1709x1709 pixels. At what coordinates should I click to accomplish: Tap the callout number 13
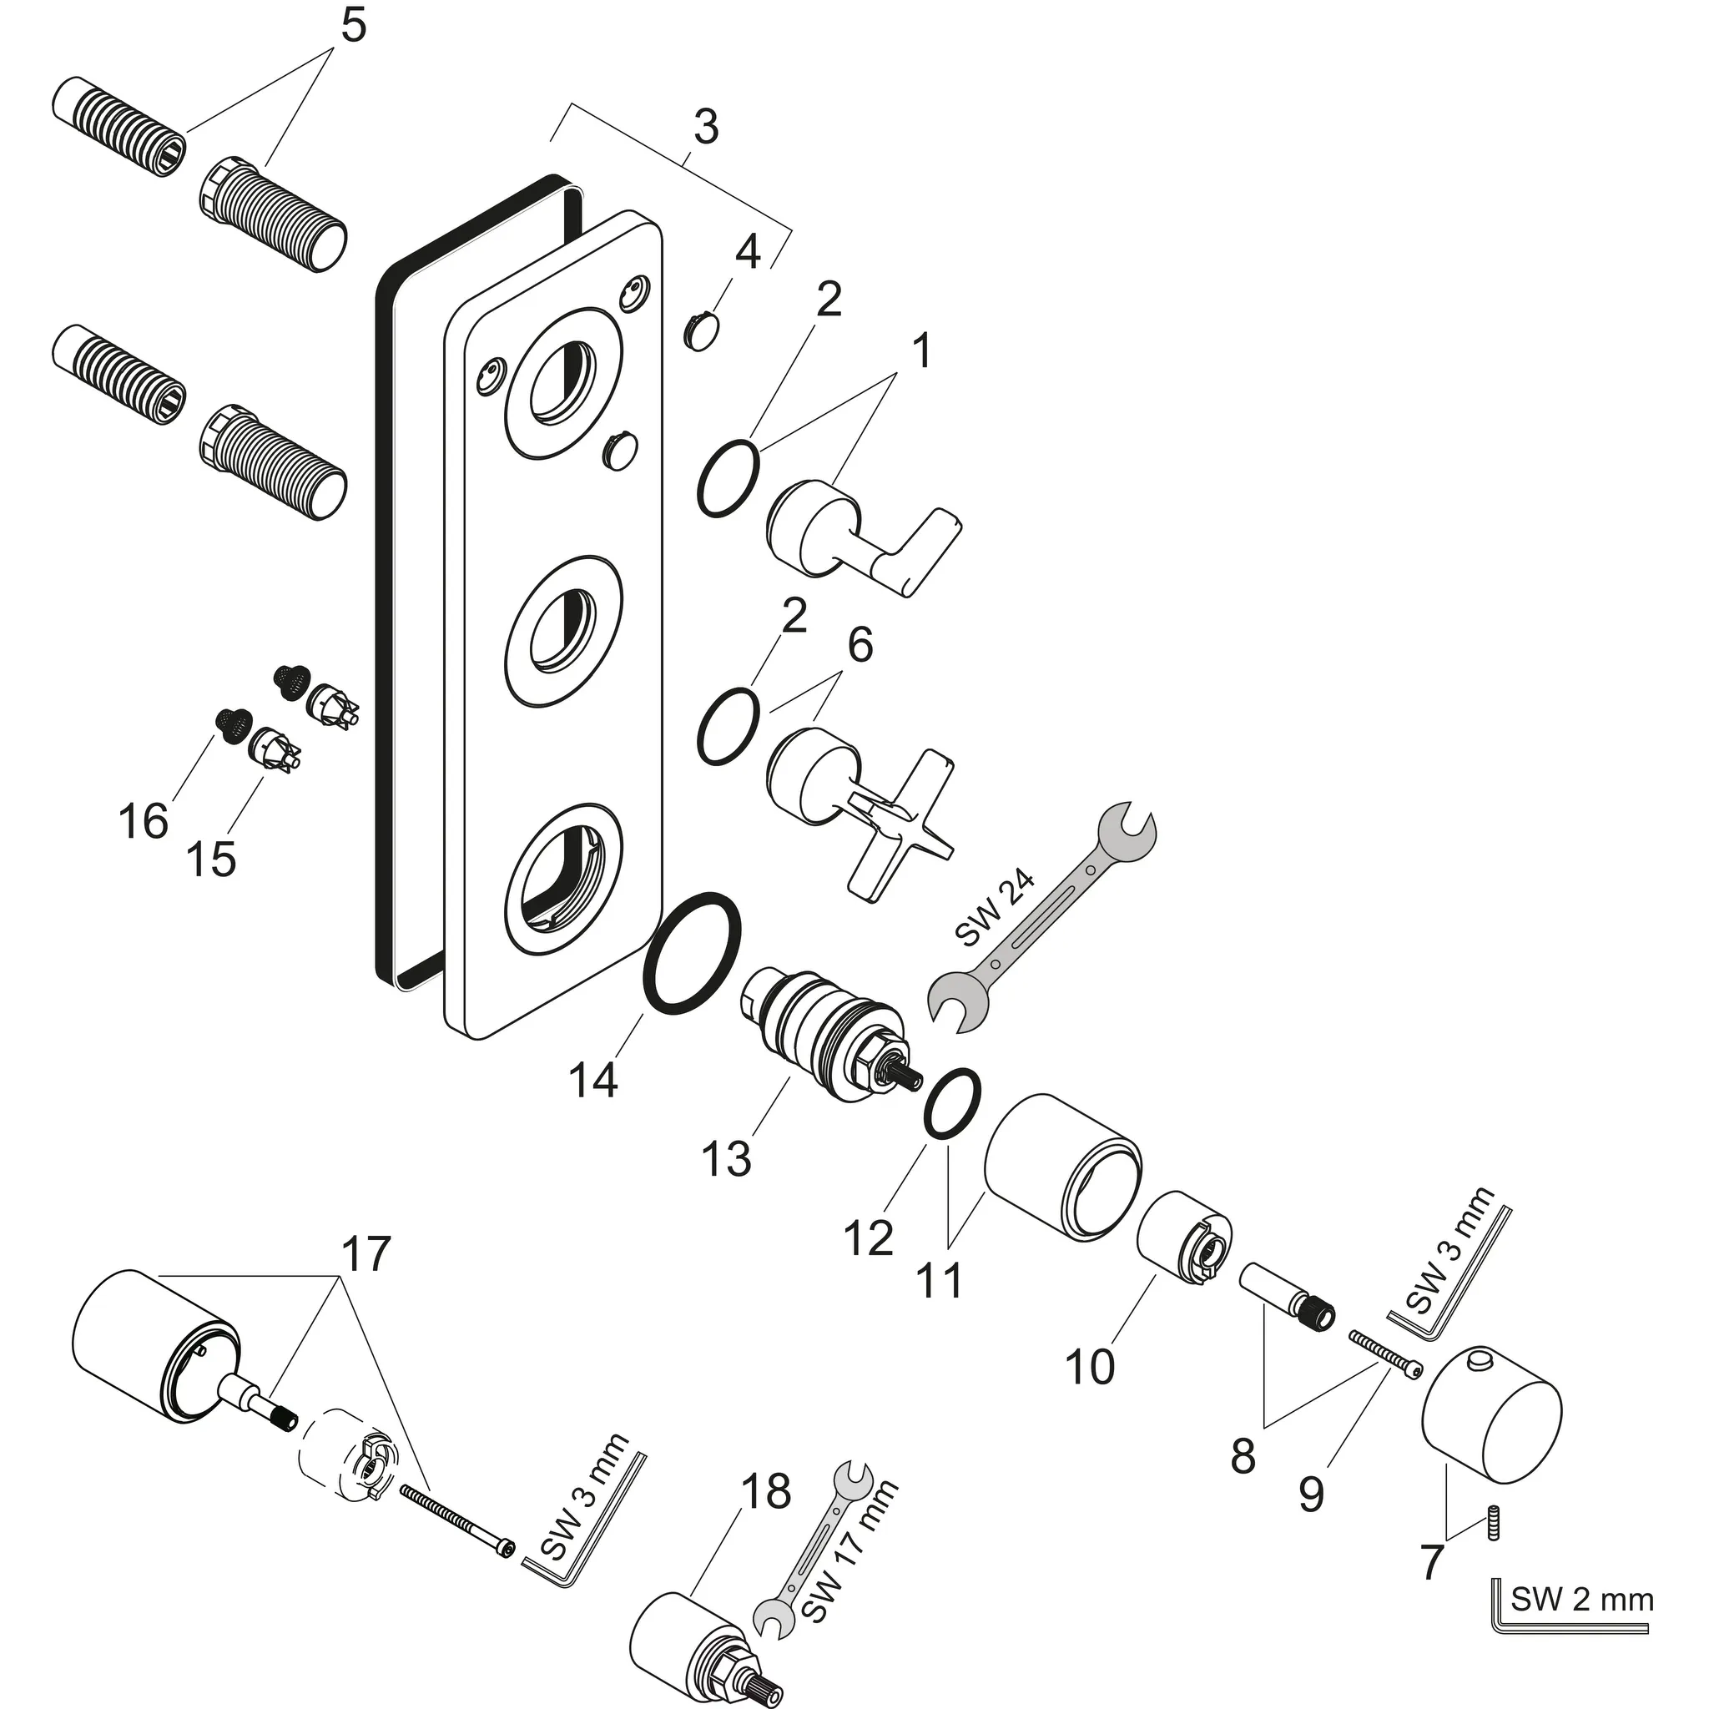point(725,1158)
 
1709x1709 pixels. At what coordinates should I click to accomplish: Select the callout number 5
point(352,27)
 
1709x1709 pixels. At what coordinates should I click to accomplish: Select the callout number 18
point(765,1491)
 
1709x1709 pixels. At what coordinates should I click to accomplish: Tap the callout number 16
point(144,821)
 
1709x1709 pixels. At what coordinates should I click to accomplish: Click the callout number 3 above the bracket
point(705,128)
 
